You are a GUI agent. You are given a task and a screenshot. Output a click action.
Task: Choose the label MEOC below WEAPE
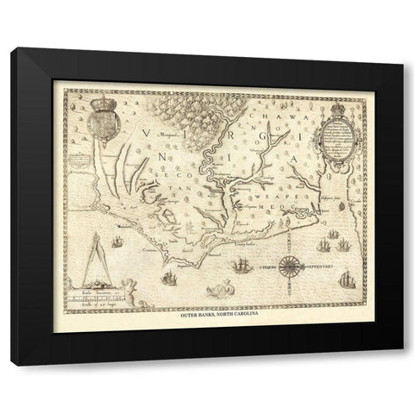coord(284,208)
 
